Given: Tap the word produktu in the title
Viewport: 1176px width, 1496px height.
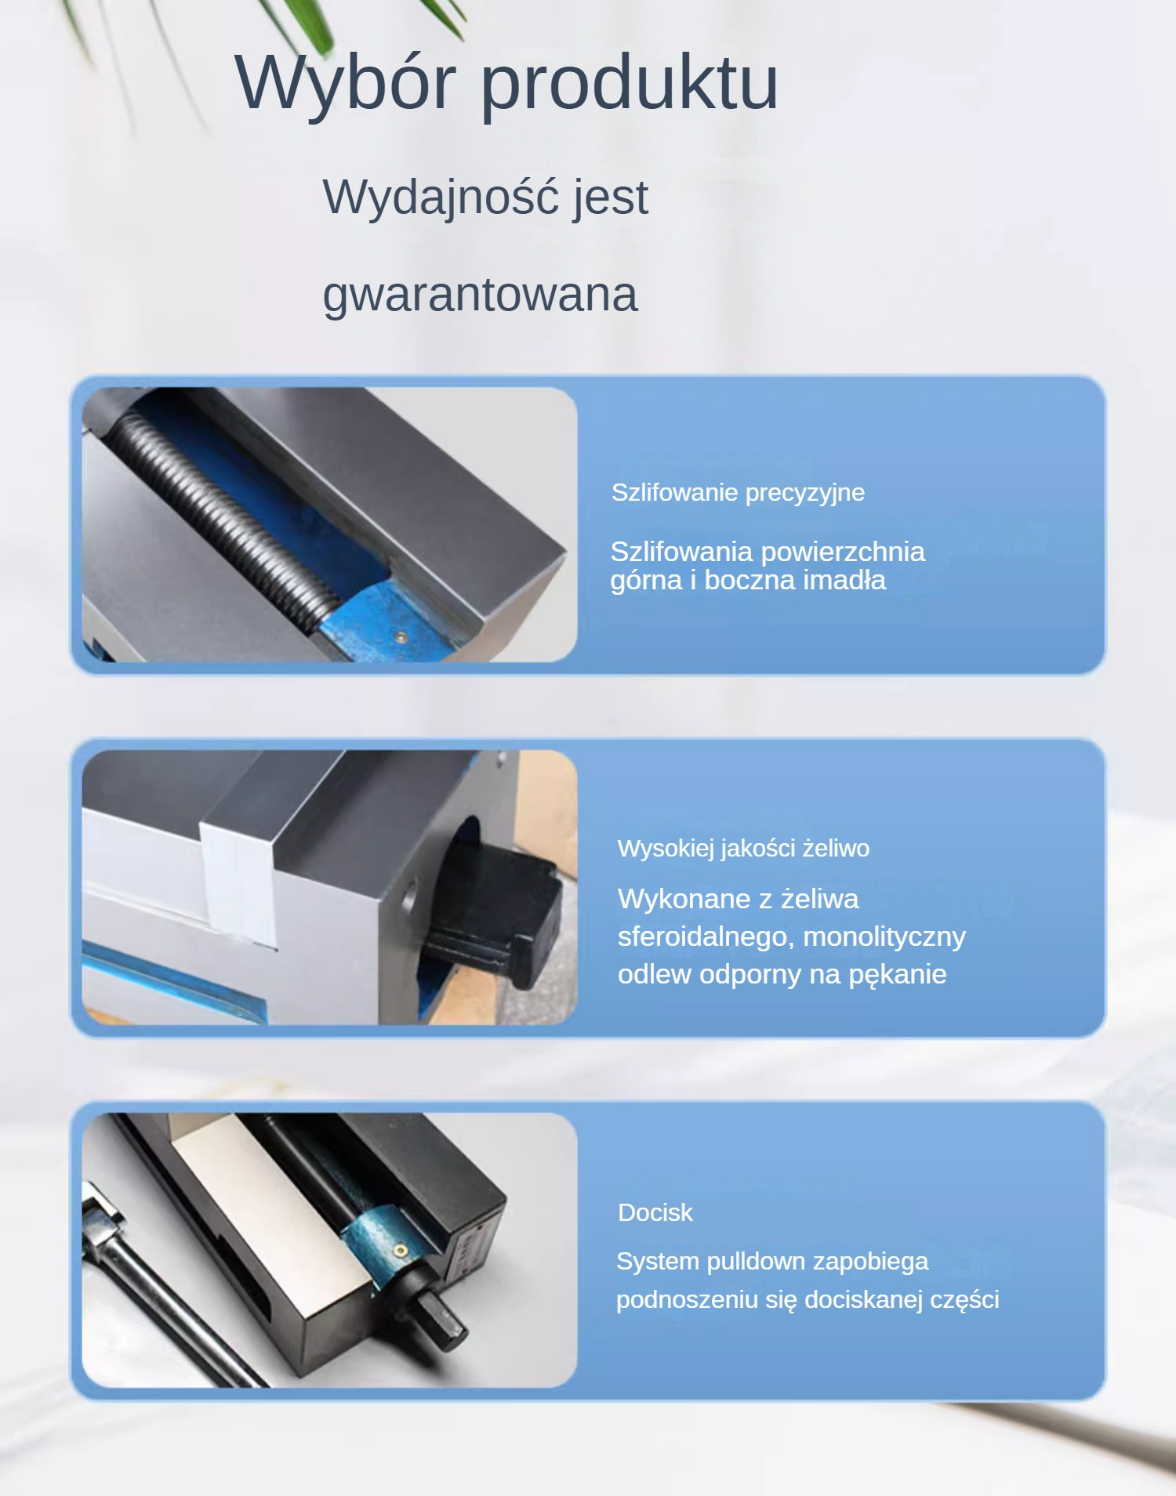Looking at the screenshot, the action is (x=630, y=82).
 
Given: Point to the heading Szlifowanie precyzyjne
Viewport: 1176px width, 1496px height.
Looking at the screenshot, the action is (x=738, y=493).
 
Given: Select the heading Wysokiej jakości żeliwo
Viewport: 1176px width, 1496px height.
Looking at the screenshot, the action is (x=743, y=849).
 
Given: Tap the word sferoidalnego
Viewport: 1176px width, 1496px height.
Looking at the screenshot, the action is (x=703, y=937).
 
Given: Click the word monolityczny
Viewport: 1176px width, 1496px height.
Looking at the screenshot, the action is (x=884, y=937).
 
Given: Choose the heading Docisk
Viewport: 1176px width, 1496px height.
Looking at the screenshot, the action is (x=655, y=1213).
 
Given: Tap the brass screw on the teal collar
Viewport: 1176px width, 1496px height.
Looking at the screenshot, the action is (x=400, y=1251).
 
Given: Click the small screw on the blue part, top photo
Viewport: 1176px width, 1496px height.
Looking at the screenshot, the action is (x=400, y=638).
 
